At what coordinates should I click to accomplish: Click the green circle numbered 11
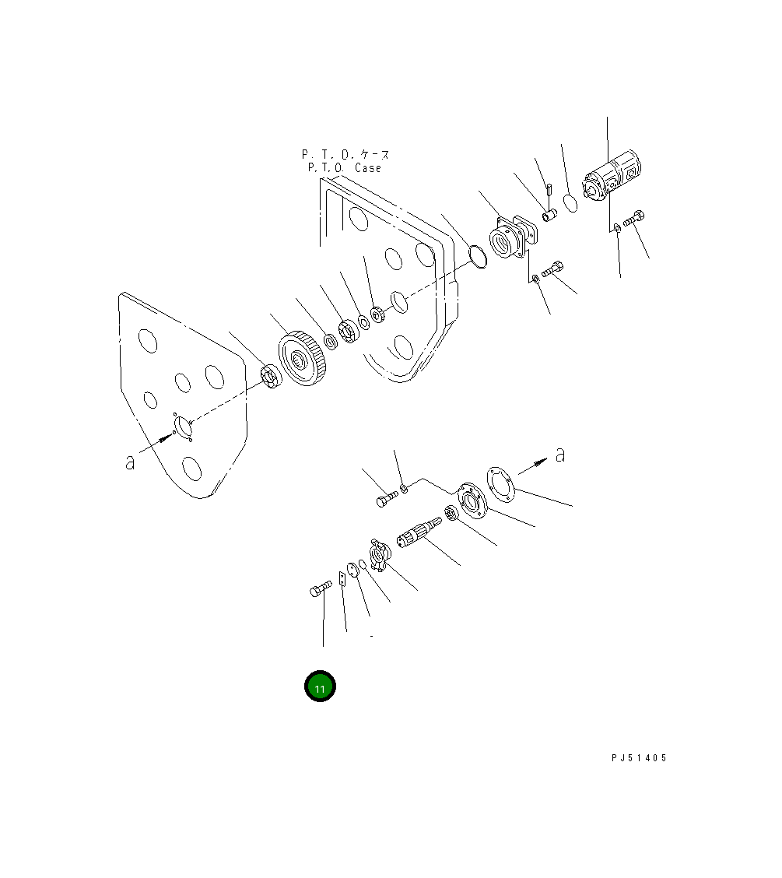pos(320,686)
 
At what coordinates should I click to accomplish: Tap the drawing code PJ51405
pos(639,757)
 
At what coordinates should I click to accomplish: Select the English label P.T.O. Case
pos(345,168)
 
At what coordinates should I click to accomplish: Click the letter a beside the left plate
pos(130,462)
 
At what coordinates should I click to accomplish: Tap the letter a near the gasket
pos(560,455)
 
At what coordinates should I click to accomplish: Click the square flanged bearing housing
pos(513,237)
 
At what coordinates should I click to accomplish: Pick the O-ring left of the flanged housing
pos(478,256)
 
